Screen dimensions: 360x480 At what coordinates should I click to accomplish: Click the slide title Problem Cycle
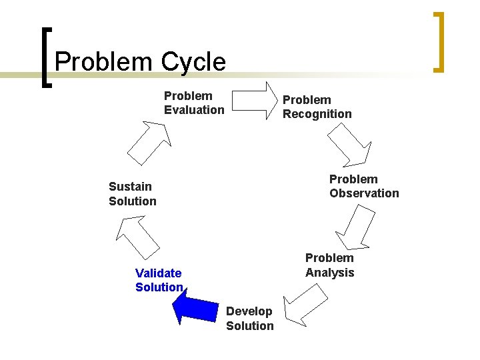pyautogui.click(x=141, y=62)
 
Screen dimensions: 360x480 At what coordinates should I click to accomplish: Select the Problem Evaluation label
pyautogui.click(x=194, y=103)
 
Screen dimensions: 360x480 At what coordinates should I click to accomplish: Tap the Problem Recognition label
pyautogui.click(x=317, y=107)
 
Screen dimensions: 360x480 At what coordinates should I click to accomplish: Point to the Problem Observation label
pyautogui.click(x=364, y=186)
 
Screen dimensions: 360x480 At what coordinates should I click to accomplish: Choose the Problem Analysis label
pyautogui.click(x=329, y=265)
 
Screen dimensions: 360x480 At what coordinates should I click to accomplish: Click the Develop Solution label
pyautogui.click(x=249, y=319)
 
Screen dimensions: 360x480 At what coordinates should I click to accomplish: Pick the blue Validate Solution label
pyautogui.click(x=159, y=280)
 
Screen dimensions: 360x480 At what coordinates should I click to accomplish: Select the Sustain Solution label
pyautogui.click(x=133, y=194)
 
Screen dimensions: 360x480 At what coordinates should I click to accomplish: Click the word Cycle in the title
pyautogui.click(x=194, y=62)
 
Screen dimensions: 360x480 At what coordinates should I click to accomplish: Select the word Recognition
pyautogui.click(x=317, y=114)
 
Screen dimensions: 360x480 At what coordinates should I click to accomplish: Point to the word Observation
pyautogui.click(x=364, y=193)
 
